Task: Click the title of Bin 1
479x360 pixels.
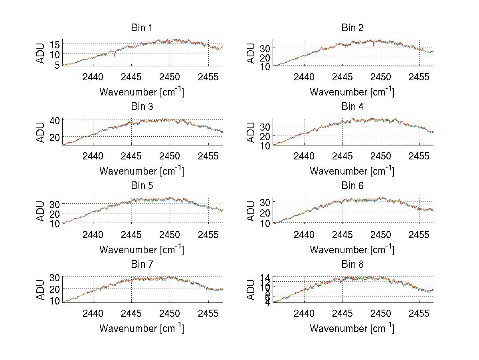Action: [x=142, y=28]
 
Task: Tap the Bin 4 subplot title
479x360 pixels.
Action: [x=352, y=107]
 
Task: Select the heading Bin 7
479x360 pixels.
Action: [x=142, y=265]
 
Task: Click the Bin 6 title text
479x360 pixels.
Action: [x=352, y=186]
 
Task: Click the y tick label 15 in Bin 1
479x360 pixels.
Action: [x=55, y=44]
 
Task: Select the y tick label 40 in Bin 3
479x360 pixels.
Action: [x=55, y=120]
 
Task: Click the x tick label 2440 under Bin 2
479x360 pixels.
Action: [x=304, y=77]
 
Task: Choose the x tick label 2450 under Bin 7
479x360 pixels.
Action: [x=170, y=313]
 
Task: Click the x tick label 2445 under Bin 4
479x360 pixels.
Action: [x=342, y=156]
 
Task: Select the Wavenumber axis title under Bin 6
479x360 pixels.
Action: [x=352, y=249]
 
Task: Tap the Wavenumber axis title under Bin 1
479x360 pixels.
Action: [x=142, y=91]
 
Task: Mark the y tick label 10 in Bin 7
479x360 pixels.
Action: [x=55, y=300]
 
